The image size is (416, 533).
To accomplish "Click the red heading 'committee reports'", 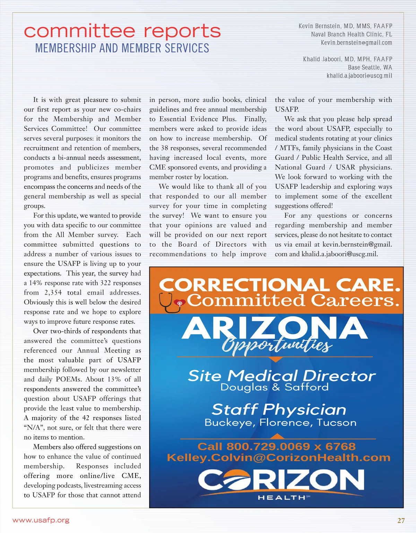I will tap(122, 31).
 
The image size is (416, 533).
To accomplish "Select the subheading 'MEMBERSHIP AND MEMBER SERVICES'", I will tap(122, 48).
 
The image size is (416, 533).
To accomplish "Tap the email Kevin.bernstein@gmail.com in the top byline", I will tap(356, 43).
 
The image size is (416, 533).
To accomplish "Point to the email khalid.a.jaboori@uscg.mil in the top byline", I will tap(359, 76).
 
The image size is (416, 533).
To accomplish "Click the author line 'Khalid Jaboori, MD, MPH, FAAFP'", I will tap(347, 59).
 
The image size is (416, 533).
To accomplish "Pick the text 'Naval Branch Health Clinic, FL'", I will tap(352, 34).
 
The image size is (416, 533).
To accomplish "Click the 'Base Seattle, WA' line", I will tap(370, 67).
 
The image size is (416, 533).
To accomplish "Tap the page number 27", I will tap(401, 521).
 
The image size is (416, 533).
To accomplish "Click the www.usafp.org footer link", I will tap(41, 520).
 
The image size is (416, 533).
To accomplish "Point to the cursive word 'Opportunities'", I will tap(276, 345).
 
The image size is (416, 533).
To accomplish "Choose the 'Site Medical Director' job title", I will tap(281, 376).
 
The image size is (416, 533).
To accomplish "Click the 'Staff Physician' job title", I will tap(279, 409).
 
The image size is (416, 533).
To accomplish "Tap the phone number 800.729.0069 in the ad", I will tap(268, 446).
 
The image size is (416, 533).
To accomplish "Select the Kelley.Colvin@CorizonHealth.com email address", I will tap(279, 458).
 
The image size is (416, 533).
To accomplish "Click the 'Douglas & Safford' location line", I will tap(274, 387).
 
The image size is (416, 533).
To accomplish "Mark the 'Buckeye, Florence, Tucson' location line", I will tap(280, 423).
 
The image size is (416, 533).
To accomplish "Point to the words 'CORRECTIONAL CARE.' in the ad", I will tap(279, 286).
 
